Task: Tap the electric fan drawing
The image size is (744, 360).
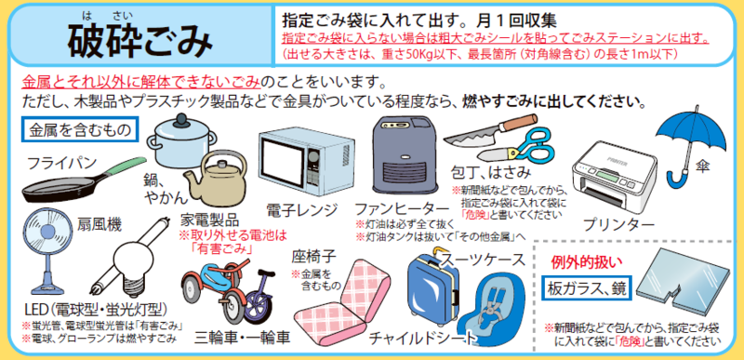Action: point(46,246)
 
